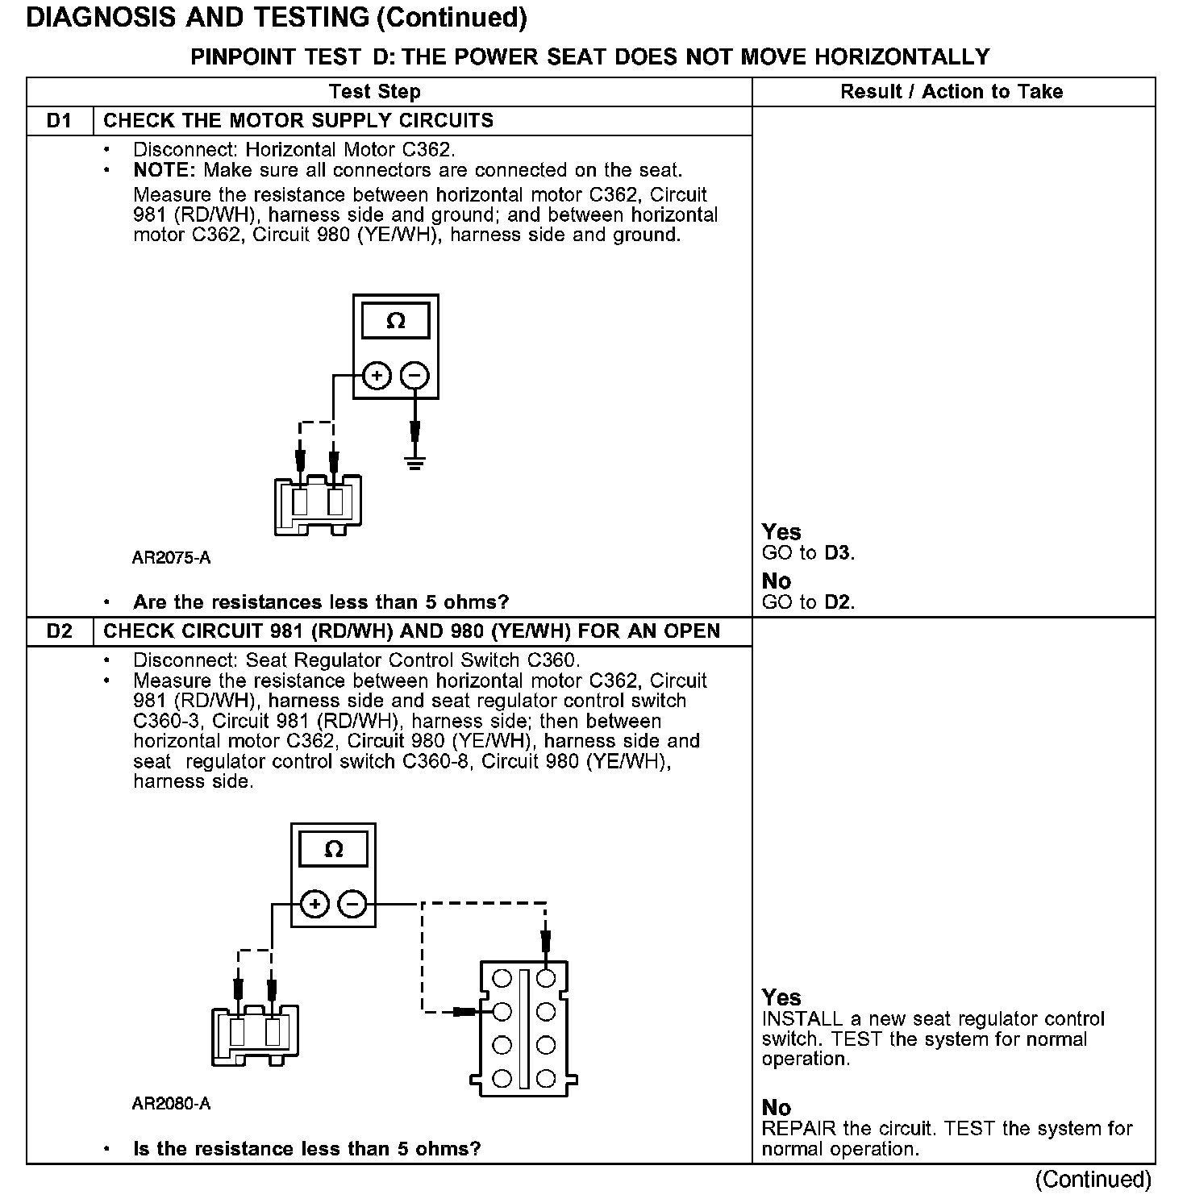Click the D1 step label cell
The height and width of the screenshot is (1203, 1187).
pyautogui.click(x=60, y=121)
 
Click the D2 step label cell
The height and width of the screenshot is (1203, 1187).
pyautogui.click(x=60, y=631)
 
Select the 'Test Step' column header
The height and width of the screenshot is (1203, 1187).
pyautogui.click(x=374, y=92)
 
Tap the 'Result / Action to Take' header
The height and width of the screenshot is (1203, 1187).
pyautogui.click(x=952, y=92)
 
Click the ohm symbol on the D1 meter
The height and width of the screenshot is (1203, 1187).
pyautogui.click(x=396, y=322)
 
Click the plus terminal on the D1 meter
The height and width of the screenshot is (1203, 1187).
pyautogui.click(x=377, y=376)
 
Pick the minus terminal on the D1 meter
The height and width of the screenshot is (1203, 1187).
pyautogui.click(x=415, y=376)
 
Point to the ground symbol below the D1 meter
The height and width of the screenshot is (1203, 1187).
pyautogui.click(x=415, y=464)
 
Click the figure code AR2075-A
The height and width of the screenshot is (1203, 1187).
pyautogui.click(x=171, y=558)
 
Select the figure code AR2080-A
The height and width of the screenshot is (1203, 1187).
pyautogui.click(x=171, y=1104)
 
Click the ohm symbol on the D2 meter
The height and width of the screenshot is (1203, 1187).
pyautogui.click(x=333, y=849)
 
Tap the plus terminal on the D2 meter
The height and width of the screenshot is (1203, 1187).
pyautogui.click(x=314, y=905)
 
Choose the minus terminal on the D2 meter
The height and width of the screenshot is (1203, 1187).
pyautogui.click(x=352, y=905)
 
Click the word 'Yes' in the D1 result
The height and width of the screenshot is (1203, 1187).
pyautogui.click(x=781, y=532)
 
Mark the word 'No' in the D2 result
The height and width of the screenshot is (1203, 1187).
pyautogui.click(x=776, y=1108)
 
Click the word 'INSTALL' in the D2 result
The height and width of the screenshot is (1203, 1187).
pyautogui.click(x=801, y=1019)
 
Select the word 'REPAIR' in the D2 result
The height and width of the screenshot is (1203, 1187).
pyautogui.click(x=798, y=1129)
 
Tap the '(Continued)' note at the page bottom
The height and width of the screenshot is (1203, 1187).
pyautogui.click(x=1093, y=1180)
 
